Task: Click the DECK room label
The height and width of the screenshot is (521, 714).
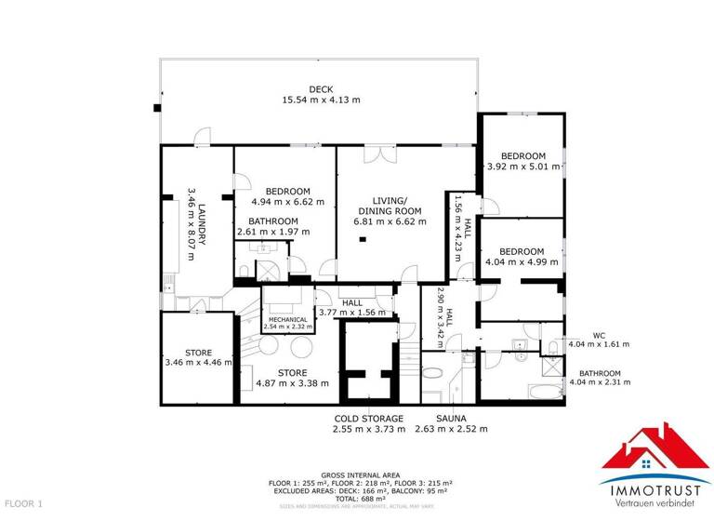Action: (321, 89)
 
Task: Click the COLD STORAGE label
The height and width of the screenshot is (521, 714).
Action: (370, 419)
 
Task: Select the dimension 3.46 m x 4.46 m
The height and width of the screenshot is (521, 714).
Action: (198, 363)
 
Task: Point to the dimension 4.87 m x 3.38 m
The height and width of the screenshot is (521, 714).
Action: (292, 382)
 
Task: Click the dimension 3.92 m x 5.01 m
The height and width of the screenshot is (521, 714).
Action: (523, 167)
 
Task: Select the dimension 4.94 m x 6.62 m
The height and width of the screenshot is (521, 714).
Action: (288, 200)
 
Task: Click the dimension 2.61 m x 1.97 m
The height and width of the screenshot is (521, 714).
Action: (272, 232)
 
